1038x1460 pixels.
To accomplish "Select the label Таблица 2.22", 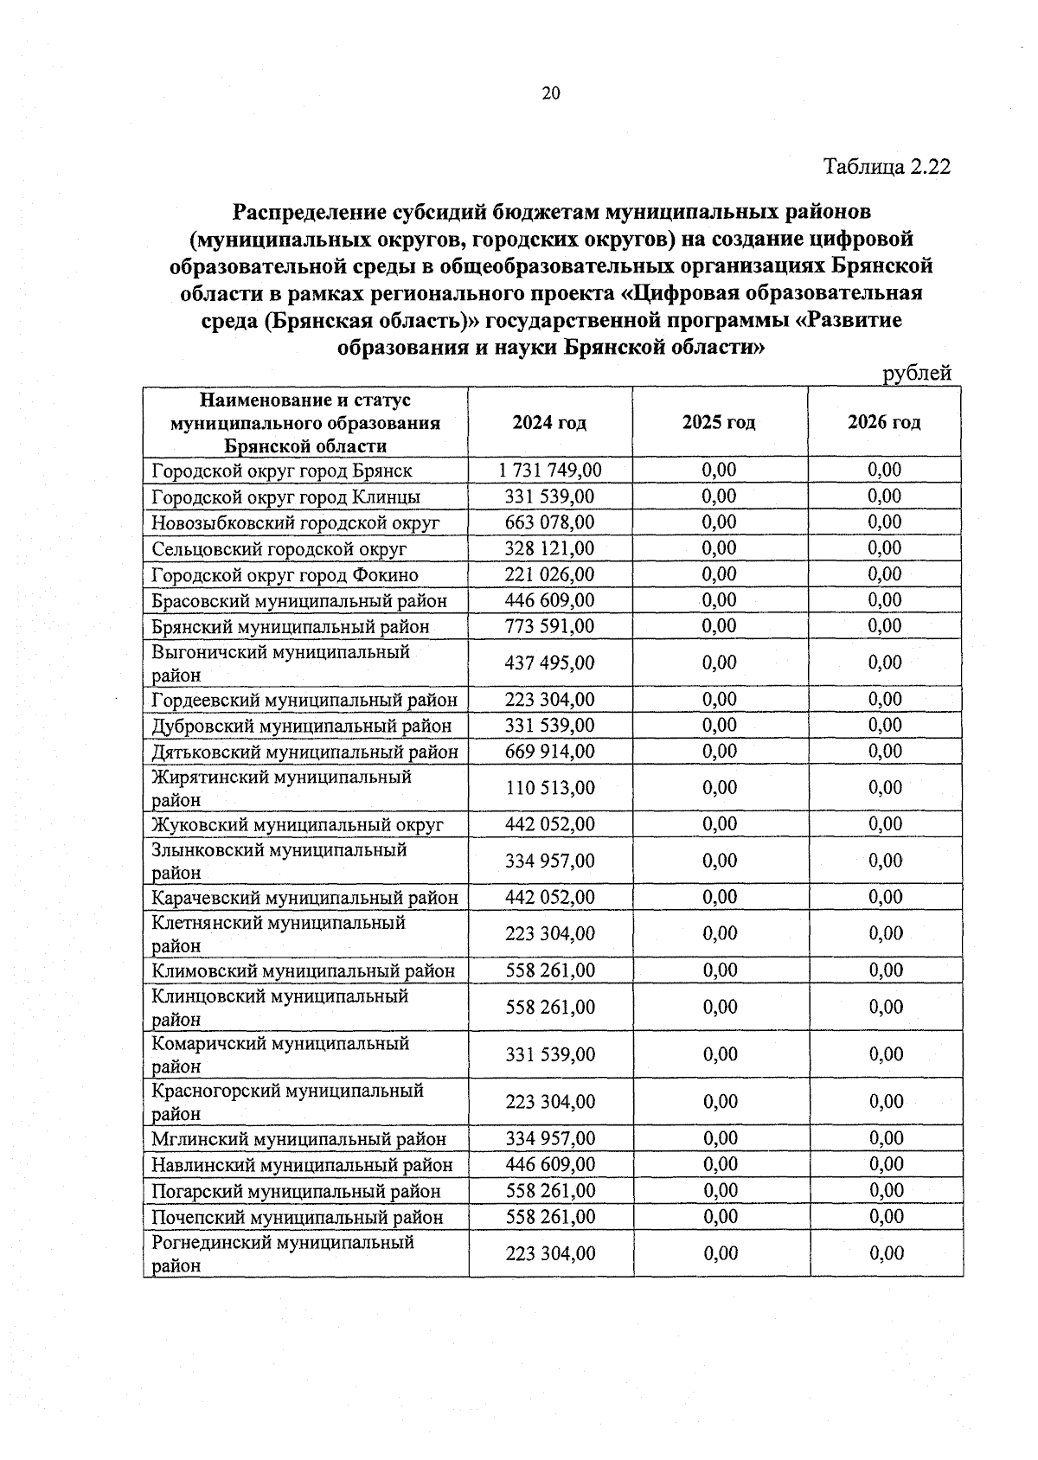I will [x=887, y=166].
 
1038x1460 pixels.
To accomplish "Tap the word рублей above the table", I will [x=916, y=373].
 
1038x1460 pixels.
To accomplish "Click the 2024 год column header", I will [x=549, y=423].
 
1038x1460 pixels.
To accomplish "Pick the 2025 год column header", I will [x=719, y=422].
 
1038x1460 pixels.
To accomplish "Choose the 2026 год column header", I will [x=884, y=422].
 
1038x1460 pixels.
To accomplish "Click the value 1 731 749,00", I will [x=549, y=470].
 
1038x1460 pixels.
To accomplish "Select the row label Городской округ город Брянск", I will [x=282, y=471].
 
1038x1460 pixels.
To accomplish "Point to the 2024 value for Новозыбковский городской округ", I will [x=549, y=522].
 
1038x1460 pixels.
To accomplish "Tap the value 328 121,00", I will [x=549, y=548].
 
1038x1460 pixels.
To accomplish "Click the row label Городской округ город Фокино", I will [x=285, y=575].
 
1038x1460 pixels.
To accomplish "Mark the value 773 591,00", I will [x=549, y=626].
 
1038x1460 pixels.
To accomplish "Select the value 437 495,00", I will [x=549, y=663].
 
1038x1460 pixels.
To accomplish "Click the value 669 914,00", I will [x=549, y=752].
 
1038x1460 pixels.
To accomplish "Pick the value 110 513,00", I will [x=549, y=788].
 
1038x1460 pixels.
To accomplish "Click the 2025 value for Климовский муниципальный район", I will [x=720, y=970].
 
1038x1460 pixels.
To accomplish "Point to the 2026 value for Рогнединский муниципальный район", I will [x=886, y=1253].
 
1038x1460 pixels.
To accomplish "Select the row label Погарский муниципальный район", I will [x=296, y=1192].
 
